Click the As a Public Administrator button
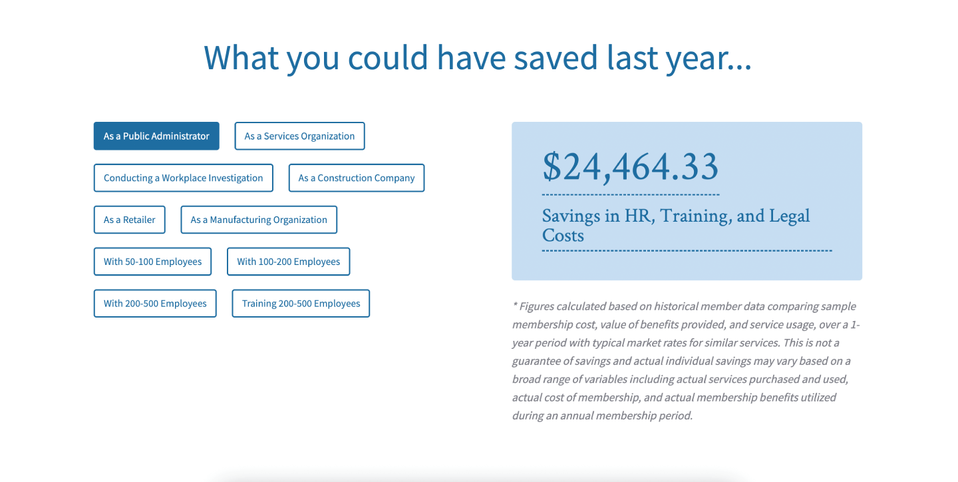(156, 136)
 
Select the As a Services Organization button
(299, 136)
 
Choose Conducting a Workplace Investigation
(184, 178)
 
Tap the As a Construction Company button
(357, 178)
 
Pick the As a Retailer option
(130, 220)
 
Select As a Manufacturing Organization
(259, 220)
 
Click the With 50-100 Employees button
(153, 262)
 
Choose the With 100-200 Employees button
(289, 262)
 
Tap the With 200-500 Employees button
(155, 304)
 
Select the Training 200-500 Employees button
(301, 304)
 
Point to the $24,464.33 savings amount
(631, 167)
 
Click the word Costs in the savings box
(563, 236)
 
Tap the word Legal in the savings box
(790, 216)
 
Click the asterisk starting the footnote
(515, 306)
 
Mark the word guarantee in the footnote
(536, 361)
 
